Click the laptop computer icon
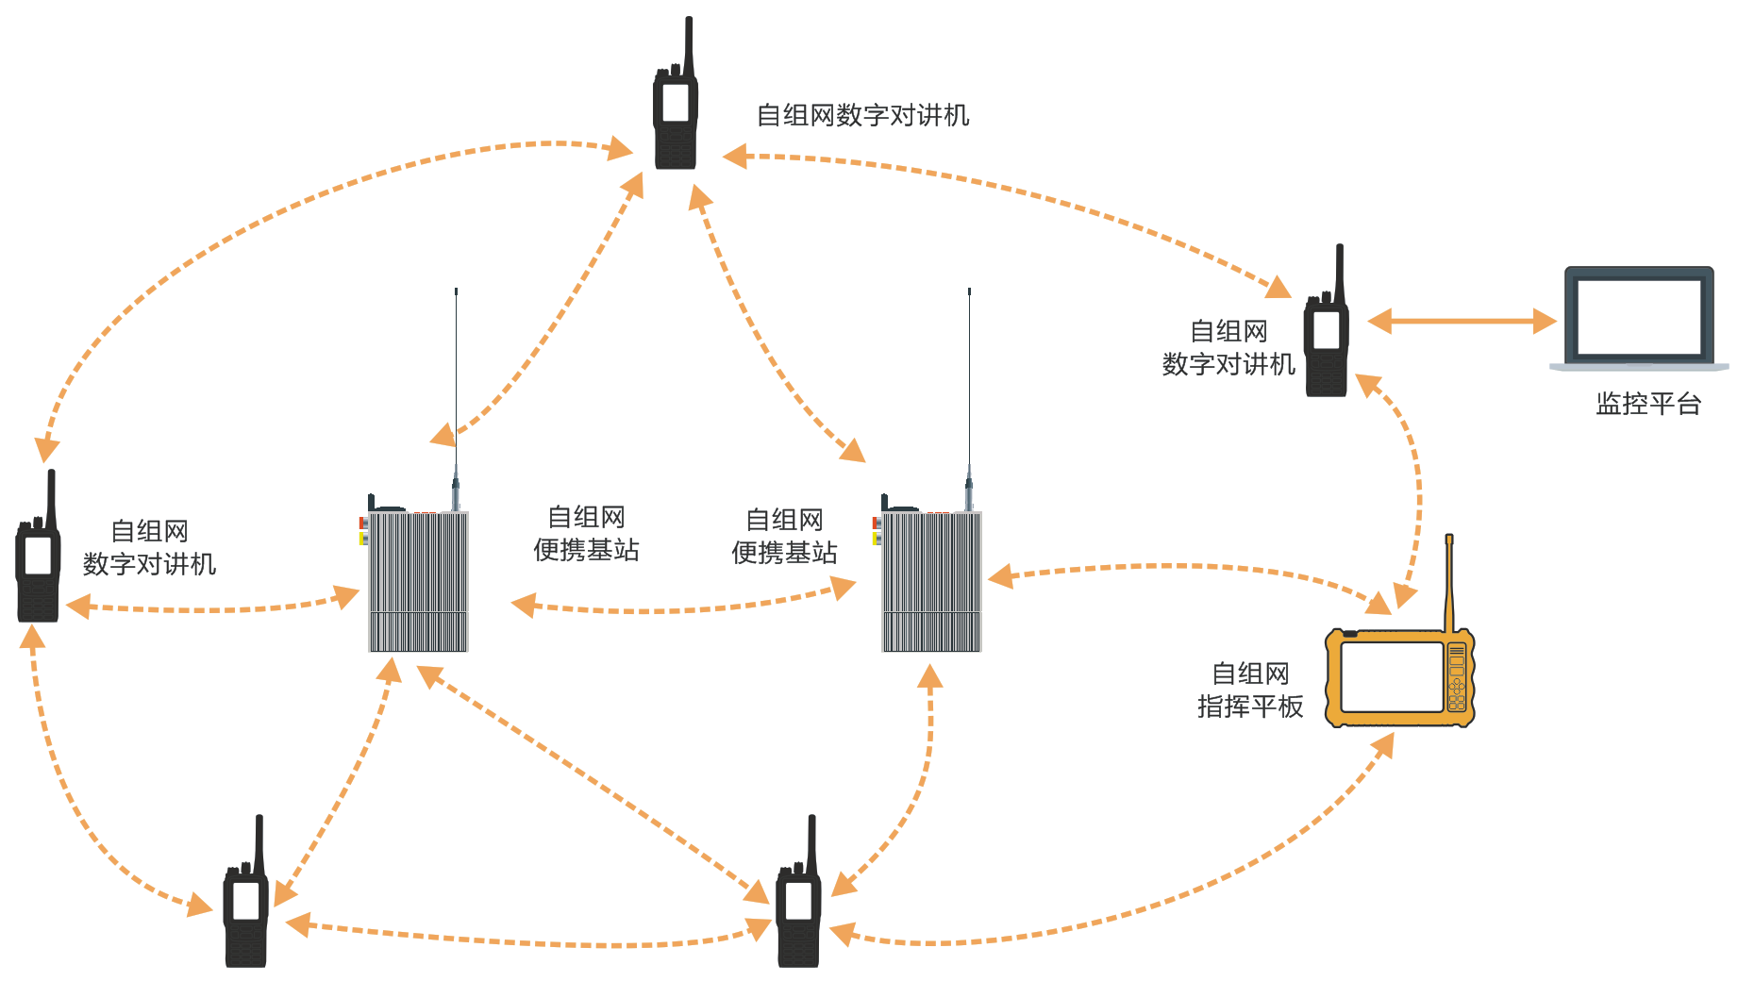click(x=1639, y=317)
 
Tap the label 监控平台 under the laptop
click(x=1647, y=404)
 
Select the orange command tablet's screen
click(x=1392, y=677)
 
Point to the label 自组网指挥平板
click(x=1249, y=690)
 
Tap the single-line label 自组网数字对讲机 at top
click(x=862, y=115)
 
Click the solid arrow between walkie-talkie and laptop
click(x=1462, y=322)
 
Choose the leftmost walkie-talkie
click(x=38, y=561)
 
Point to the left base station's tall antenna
click(x=456, y=377)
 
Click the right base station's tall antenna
click(x=969, y=377)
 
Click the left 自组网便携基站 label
click(x=586, y=534)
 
